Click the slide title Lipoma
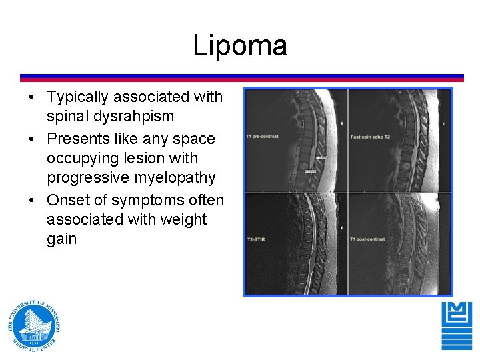pyautogui.click(x=240, y=45)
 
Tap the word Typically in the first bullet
pyautogui.click(x=77, y=97)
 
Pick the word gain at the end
pyautogui.click(x=62, y=239)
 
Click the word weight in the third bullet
pyautogui.click(x=184, y=219)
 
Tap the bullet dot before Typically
pyautogui.click(x=32, y=97)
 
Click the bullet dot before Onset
pyautogui.click(x=32, y=201)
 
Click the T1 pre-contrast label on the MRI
pyautogui.click(x=262, y=137)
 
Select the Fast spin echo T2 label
pyautogui.click(x=370, y=137)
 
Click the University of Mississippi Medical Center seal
pyautogui.click(x=35, y=325)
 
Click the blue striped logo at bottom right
pyautogui.click(x=457, y=326)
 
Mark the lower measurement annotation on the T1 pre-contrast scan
pyautogui.click(x=311, y=171)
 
